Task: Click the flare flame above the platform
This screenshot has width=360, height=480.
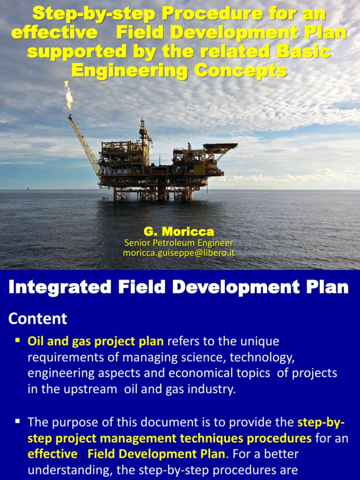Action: (x=69, y=95)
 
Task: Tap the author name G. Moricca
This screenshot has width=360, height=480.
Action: (x=179, y=232)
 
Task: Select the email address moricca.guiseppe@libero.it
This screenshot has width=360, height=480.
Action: (x=179, y=253)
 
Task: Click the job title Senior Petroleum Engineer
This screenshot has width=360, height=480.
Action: (x=179, y=243)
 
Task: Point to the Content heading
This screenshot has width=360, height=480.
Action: (x=38, y=319)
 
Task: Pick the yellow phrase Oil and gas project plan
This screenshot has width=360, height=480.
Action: (x=96, y=341)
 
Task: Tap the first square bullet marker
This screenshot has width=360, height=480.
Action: (x=17, y=339)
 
